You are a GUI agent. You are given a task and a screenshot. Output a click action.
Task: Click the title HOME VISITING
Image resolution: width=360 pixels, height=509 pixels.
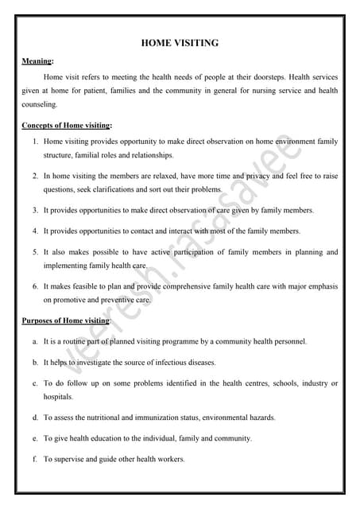[x=180, y=43]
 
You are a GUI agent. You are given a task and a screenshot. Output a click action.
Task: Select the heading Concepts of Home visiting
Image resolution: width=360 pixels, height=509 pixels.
[x=66, y=126]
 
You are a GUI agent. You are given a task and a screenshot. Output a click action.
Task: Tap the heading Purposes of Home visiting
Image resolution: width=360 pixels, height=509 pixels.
[x=65, y=320]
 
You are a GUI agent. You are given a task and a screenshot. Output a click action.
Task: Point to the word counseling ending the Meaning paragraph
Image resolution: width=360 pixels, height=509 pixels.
[x=40, y=104]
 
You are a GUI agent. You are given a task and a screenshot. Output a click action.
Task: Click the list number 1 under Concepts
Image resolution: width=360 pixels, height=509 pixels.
[x=36, y=142]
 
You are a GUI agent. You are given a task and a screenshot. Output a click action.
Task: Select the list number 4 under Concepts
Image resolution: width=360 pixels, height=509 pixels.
[x=36, y=231]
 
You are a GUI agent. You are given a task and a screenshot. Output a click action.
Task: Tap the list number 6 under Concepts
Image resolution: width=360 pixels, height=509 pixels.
[x=36, y=285]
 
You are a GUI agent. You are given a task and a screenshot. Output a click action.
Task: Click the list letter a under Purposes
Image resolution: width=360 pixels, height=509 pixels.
[x=35, y=341]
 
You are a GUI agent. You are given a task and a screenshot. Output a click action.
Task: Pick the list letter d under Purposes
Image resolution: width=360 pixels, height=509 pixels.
[x=35, y=417]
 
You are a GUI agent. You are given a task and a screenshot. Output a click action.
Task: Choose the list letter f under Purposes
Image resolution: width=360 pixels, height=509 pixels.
[x=35, y=459]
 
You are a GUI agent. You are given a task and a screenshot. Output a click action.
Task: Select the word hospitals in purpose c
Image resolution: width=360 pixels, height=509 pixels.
[x=58, y=396]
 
